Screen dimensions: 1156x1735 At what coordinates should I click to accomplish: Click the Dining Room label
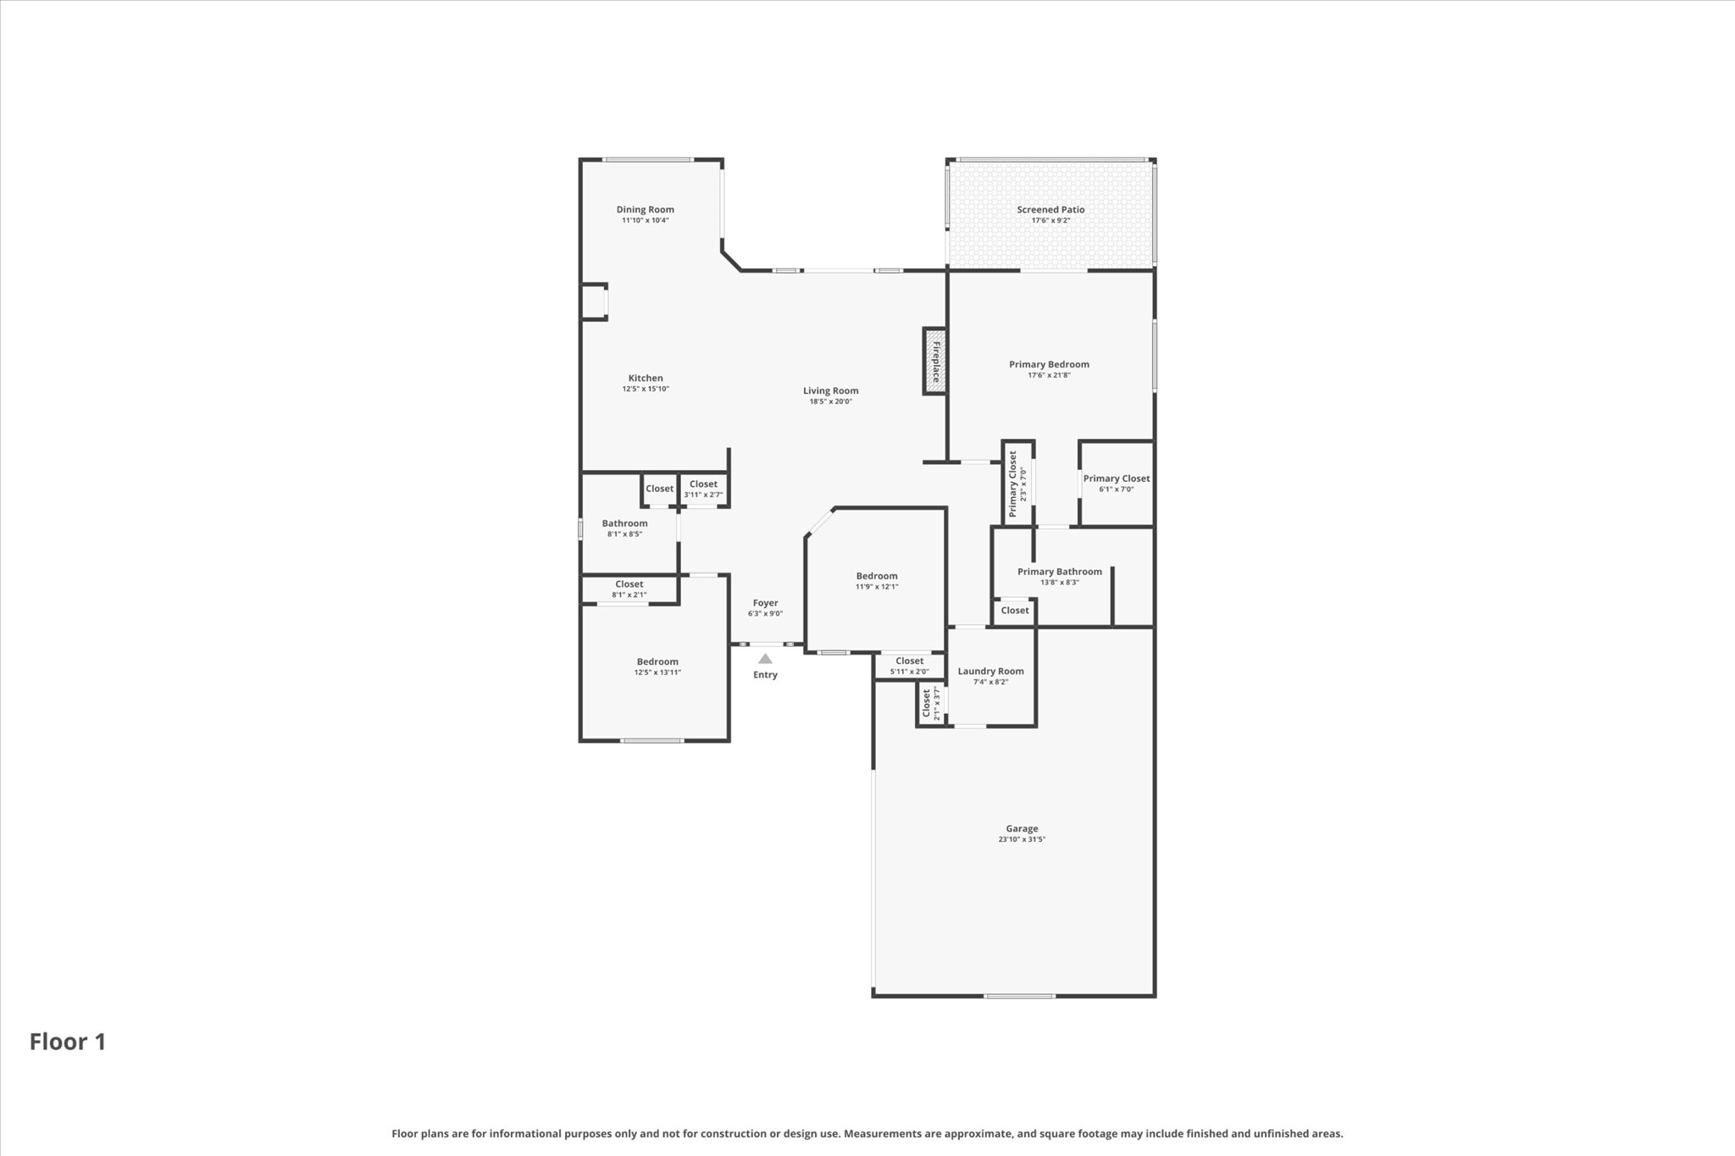click(x=645, y=210)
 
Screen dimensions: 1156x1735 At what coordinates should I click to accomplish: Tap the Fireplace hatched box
click(x=934, y=362)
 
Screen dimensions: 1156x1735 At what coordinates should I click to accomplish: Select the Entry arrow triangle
click(x=765, y=658)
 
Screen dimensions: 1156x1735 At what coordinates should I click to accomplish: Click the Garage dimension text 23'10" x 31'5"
click(x=1022, y=839)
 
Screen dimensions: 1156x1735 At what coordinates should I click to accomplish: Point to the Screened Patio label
click(x=1050, y=210)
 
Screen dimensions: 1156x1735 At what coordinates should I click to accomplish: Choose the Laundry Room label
click(x=990, y=672)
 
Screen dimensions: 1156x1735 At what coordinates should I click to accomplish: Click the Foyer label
click(x=765, y=603)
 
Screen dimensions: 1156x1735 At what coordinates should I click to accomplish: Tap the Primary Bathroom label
click(x=1059, y=572)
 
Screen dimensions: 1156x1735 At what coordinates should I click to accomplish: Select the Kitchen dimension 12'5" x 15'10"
click(x=646, y=390)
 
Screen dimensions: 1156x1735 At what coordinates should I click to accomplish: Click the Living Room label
click(x=830, y=391)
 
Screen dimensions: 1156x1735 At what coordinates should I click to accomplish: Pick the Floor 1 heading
click(x=68, y=1042)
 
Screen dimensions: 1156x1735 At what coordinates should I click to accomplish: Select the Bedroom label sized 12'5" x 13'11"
click(x=657, y=662)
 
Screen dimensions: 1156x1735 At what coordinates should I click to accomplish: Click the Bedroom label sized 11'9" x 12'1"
click(x=876, y=576)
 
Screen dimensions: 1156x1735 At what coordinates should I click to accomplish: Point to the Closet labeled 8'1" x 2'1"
click(x=629, y=584)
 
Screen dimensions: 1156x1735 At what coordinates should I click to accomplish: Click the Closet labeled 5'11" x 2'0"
click(x=909, y=661)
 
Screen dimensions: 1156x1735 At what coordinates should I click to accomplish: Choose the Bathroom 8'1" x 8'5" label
click(x=624, y=523)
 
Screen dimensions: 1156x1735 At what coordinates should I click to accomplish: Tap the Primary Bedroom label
click(x=1049, y=365)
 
